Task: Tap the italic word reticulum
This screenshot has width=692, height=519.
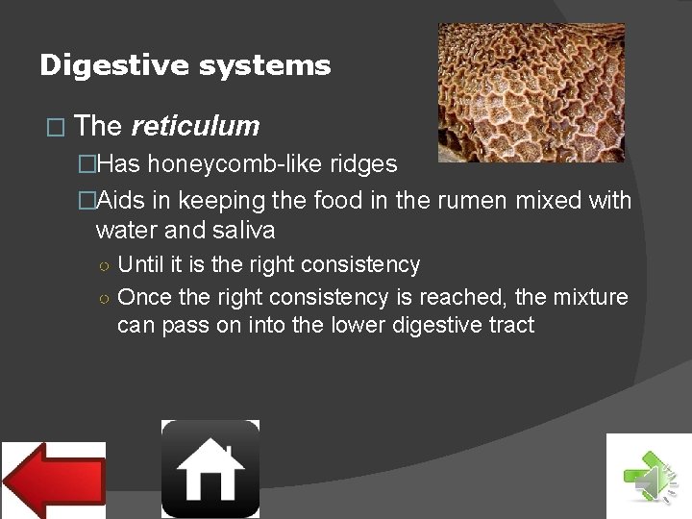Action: click(195, 126)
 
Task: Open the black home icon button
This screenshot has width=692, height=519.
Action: click(210, 468)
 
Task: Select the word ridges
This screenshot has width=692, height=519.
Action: click(363, 164)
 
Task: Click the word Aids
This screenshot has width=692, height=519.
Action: click(118, 201)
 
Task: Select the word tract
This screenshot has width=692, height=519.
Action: click(509, 325)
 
